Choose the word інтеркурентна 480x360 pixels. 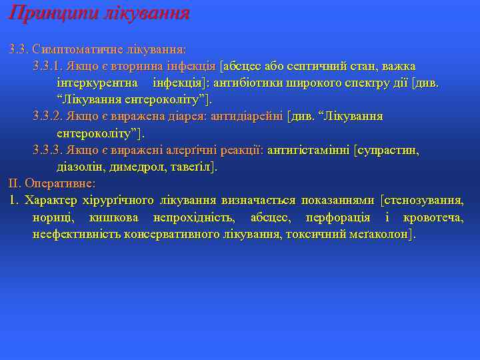(x=98, y=83)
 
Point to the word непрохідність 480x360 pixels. (x=193, y=217)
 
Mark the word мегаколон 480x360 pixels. (x=380, y=234)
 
